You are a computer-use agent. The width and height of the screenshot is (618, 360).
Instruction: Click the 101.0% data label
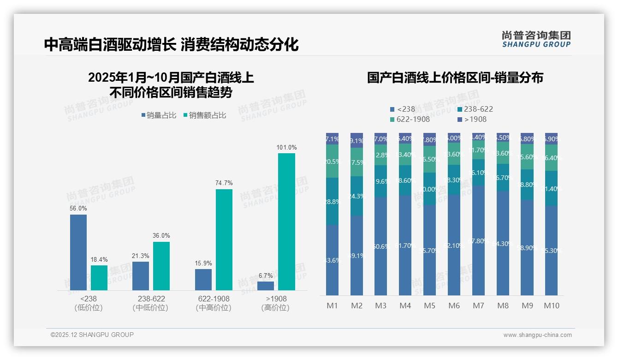click(x=286, y=148)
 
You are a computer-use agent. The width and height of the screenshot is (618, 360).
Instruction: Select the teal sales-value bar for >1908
click(x=286, y=222)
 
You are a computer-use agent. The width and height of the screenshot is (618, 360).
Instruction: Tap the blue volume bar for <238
click(x=78, y=252)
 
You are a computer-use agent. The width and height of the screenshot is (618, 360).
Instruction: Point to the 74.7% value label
click(x=224, y=183)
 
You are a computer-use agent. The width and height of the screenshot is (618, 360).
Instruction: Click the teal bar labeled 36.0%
click(x=161, y=266)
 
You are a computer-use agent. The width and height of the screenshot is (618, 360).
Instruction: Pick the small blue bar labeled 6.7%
click(x=266, y=286)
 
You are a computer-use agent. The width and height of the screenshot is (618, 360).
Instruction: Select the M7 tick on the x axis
click(x=478, y=306)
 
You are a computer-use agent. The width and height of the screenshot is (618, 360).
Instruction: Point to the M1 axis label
click(x=332, y=306)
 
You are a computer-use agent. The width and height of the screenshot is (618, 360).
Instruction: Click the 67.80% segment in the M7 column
click(x=478, y=240)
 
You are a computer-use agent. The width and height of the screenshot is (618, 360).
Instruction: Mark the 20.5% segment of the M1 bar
click(x=332, y=161)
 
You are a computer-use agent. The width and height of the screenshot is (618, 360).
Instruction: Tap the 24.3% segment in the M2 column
click(x=357, y=196)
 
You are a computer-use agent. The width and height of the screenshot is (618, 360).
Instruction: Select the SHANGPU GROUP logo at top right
click(x=536, y=39)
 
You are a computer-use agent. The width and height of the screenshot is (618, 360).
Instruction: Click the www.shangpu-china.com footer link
click(x=537, y=335)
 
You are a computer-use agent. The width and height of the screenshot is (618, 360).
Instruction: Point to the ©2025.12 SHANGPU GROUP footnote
click(x=92, y=335)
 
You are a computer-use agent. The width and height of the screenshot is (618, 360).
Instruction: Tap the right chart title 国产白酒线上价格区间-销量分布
click(x=455, y=78)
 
